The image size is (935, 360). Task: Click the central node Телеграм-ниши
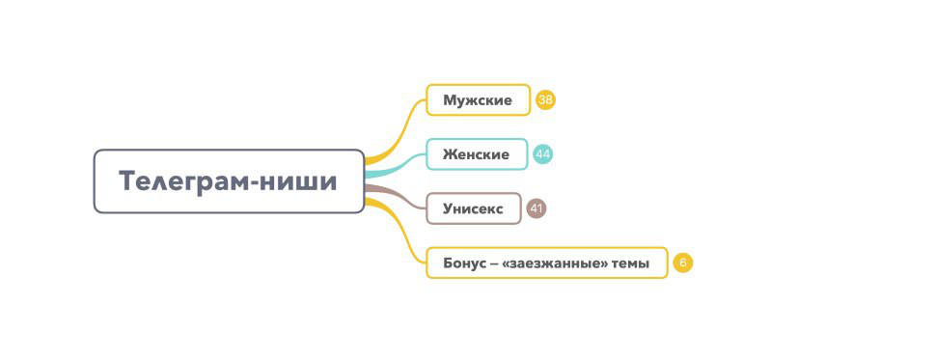coord(229,181)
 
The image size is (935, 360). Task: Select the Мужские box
coord(478,100)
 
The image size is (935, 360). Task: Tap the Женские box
coord(477,154)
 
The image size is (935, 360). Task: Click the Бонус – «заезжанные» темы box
coord(546,263)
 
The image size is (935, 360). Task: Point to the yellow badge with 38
coord(546,100)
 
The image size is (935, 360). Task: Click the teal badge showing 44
coord(543,154)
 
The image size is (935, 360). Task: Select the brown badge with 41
coord(536,208)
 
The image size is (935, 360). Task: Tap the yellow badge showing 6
coord(683,263)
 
